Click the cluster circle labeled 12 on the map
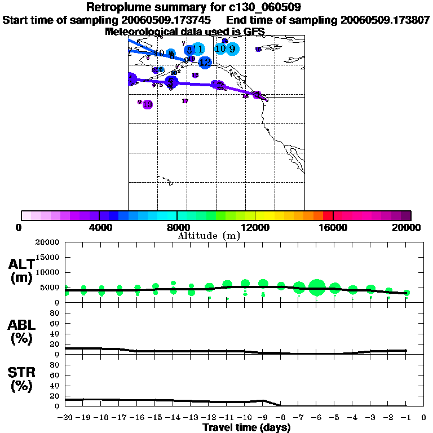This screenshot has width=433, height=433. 205,62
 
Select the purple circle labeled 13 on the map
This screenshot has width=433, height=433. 148,104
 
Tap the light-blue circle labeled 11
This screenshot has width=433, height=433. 197,50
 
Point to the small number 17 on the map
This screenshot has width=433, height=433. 185,101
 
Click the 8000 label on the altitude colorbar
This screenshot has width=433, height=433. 177,227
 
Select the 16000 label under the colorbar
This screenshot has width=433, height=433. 333,227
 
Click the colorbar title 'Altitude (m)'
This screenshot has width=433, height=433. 209,236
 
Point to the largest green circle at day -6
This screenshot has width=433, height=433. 317,287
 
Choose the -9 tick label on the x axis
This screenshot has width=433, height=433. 263,418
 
